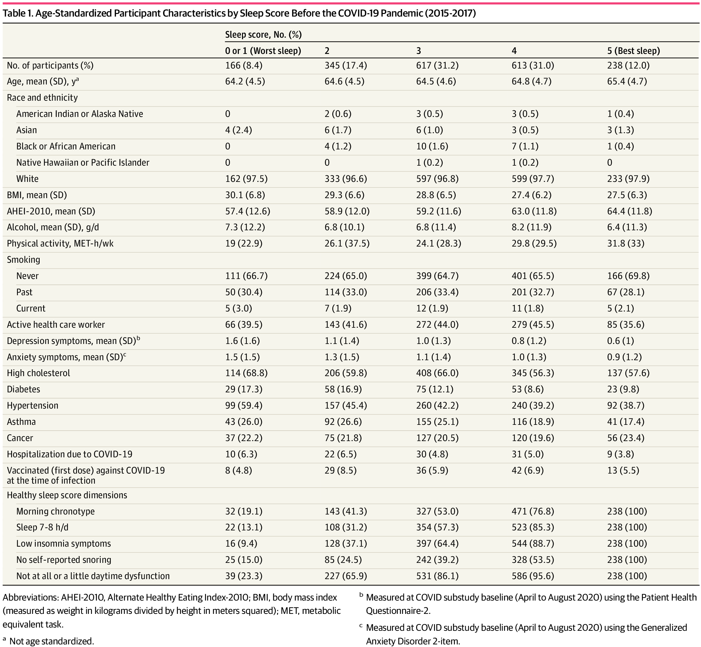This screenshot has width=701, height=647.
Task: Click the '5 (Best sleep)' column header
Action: [633, 51]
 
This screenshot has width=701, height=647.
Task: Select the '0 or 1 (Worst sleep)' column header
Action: [263, 51]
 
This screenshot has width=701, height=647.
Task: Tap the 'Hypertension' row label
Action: [32, 405]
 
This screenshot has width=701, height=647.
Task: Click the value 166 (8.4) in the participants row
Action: [244, 66]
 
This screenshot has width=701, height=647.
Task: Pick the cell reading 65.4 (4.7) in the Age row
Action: [627, 81]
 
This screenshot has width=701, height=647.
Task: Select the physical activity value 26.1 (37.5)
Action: [347, 243]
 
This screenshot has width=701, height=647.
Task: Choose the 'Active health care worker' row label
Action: [56, 324]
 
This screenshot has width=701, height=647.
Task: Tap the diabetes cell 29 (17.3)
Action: [244, 389]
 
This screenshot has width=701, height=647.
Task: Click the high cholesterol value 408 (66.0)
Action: [437, 373]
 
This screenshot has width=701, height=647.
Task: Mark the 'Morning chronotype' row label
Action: [55, 511]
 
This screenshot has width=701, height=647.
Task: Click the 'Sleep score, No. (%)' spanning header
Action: [263, 35]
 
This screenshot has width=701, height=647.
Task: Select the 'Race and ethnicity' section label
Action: [42, 97]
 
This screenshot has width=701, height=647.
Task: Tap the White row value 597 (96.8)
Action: [437, 179]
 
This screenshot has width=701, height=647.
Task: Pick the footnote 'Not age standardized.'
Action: [51, 641]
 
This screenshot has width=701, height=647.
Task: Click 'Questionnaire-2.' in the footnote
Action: [398, 611]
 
